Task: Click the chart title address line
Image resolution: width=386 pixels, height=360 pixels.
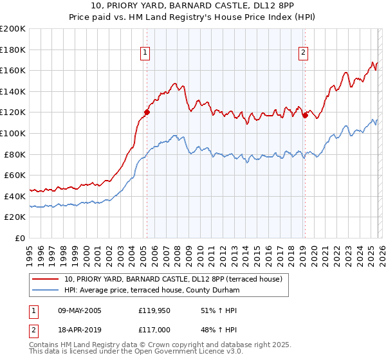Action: tap(192, 6)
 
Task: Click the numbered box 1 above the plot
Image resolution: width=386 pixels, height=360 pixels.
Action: tap(146, 53)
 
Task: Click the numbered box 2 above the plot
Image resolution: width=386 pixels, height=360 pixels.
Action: tap(303, 53)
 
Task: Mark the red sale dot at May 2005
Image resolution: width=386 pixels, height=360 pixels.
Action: tap(147, 112)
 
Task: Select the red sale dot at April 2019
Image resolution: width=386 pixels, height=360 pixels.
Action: tap(305, 116)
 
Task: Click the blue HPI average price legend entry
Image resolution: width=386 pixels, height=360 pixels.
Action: tap(152, 291)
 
